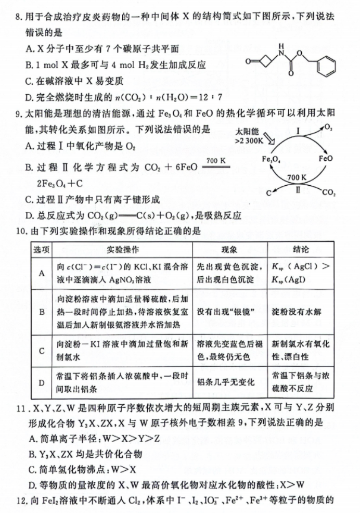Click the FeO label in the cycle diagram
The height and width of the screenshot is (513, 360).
pos(326,157)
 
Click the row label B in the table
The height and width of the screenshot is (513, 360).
pos(41,314)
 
